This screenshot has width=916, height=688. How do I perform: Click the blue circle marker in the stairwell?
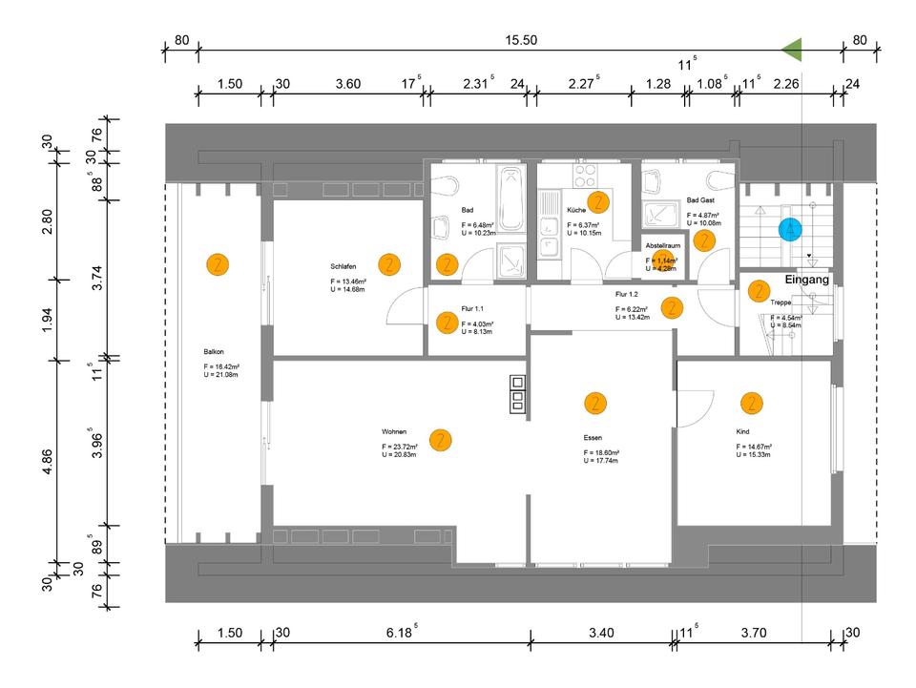(789, 230)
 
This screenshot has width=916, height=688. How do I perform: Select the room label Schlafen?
(344, 266)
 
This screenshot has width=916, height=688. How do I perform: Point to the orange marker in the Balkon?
(218, 264)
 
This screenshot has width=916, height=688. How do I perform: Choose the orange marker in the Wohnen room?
(440, 440)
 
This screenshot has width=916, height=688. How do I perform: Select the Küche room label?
(575, 210)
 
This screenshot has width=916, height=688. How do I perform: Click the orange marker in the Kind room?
(753, 403)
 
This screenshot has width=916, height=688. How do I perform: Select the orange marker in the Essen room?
(595, 403)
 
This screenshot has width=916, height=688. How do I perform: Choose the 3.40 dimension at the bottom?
(602, 633)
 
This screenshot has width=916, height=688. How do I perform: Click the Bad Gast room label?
(700, 201)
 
